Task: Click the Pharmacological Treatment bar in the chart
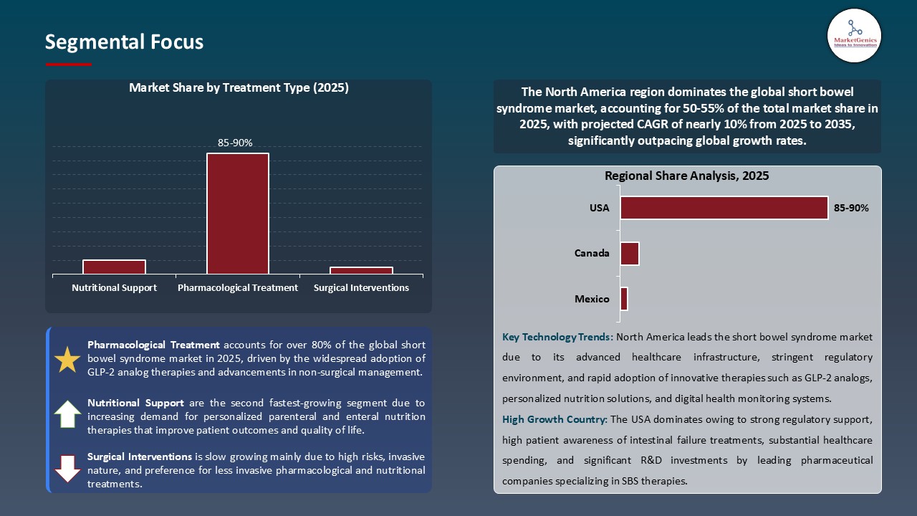(238, 214)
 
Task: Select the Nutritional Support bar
(114, 267)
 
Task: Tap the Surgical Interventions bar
(361, 270)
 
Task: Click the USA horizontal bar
(724, 208)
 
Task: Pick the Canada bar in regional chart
(629, 254)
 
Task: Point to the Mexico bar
(624, 299)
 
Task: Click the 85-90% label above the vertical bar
(235, 143)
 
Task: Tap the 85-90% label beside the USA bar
(851, 208)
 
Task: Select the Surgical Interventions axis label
(361, 287)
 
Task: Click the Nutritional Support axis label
(114, 287)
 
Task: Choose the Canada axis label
(592, 253)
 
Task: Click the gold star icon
(67, 360)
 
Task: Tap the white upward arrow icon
(67, 414)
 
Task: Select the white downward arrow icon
(67, 468)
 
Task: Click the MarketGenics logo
(854, 35)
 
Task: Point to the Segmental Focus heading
(124, 42)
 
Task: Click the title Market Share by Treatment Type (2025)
(239, 87)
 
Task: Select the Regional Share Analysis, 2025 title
(686, 176)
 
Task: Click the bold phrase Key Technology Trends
(557, 337)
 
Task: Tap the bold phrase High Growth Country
(554, 419)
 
